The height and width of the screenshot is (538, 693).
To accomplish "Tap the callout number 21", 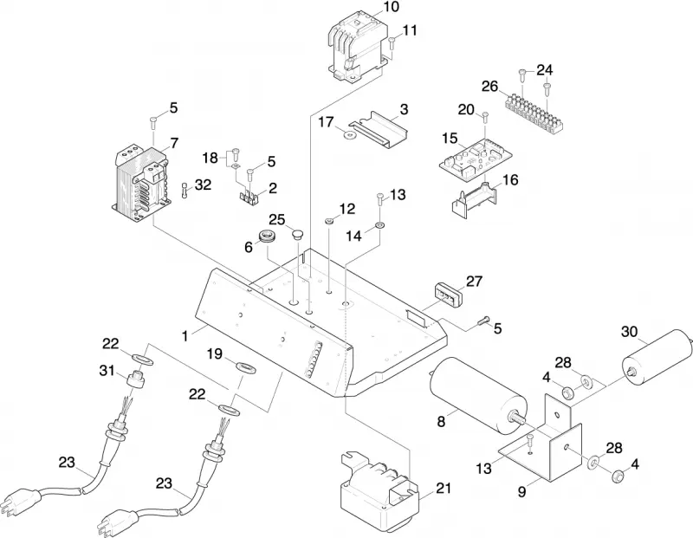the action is pyautogui.click(x=444, y=488).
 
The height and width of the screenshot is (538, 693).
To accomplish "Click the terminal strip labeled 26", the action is pyautogui.click(x=534, y=113).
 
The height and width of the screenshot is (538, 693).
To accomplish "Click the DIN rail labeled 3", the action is pyautogui.click(x=378, y=128).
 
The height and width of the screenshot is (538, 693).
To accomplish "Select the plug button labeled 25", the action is pyautogui.click(x=298, y=232).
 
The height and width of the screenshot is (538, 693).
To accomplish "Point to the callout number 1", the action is pyautogui.click(x=185, y=336).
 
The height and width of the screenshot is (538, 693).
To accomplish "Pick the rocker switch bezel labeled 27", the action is pyautogui.click(x=447, y=292).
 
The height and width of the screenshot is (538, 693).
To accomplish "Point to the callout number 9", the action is pyautogui.click(x=522, y=491).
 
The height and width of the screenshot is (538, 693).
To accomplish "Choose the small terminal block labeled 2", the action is pyautogui.click(x=249, y=198).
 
